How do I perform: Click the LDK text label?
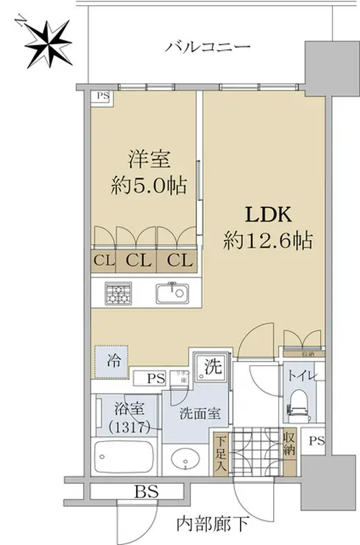pos(269,215)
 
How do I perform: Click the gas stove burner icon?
pos(118,295)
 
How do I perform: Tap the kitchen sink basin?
pos(172,295)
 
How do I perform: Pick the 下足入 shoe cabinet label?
pos(220,455)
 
